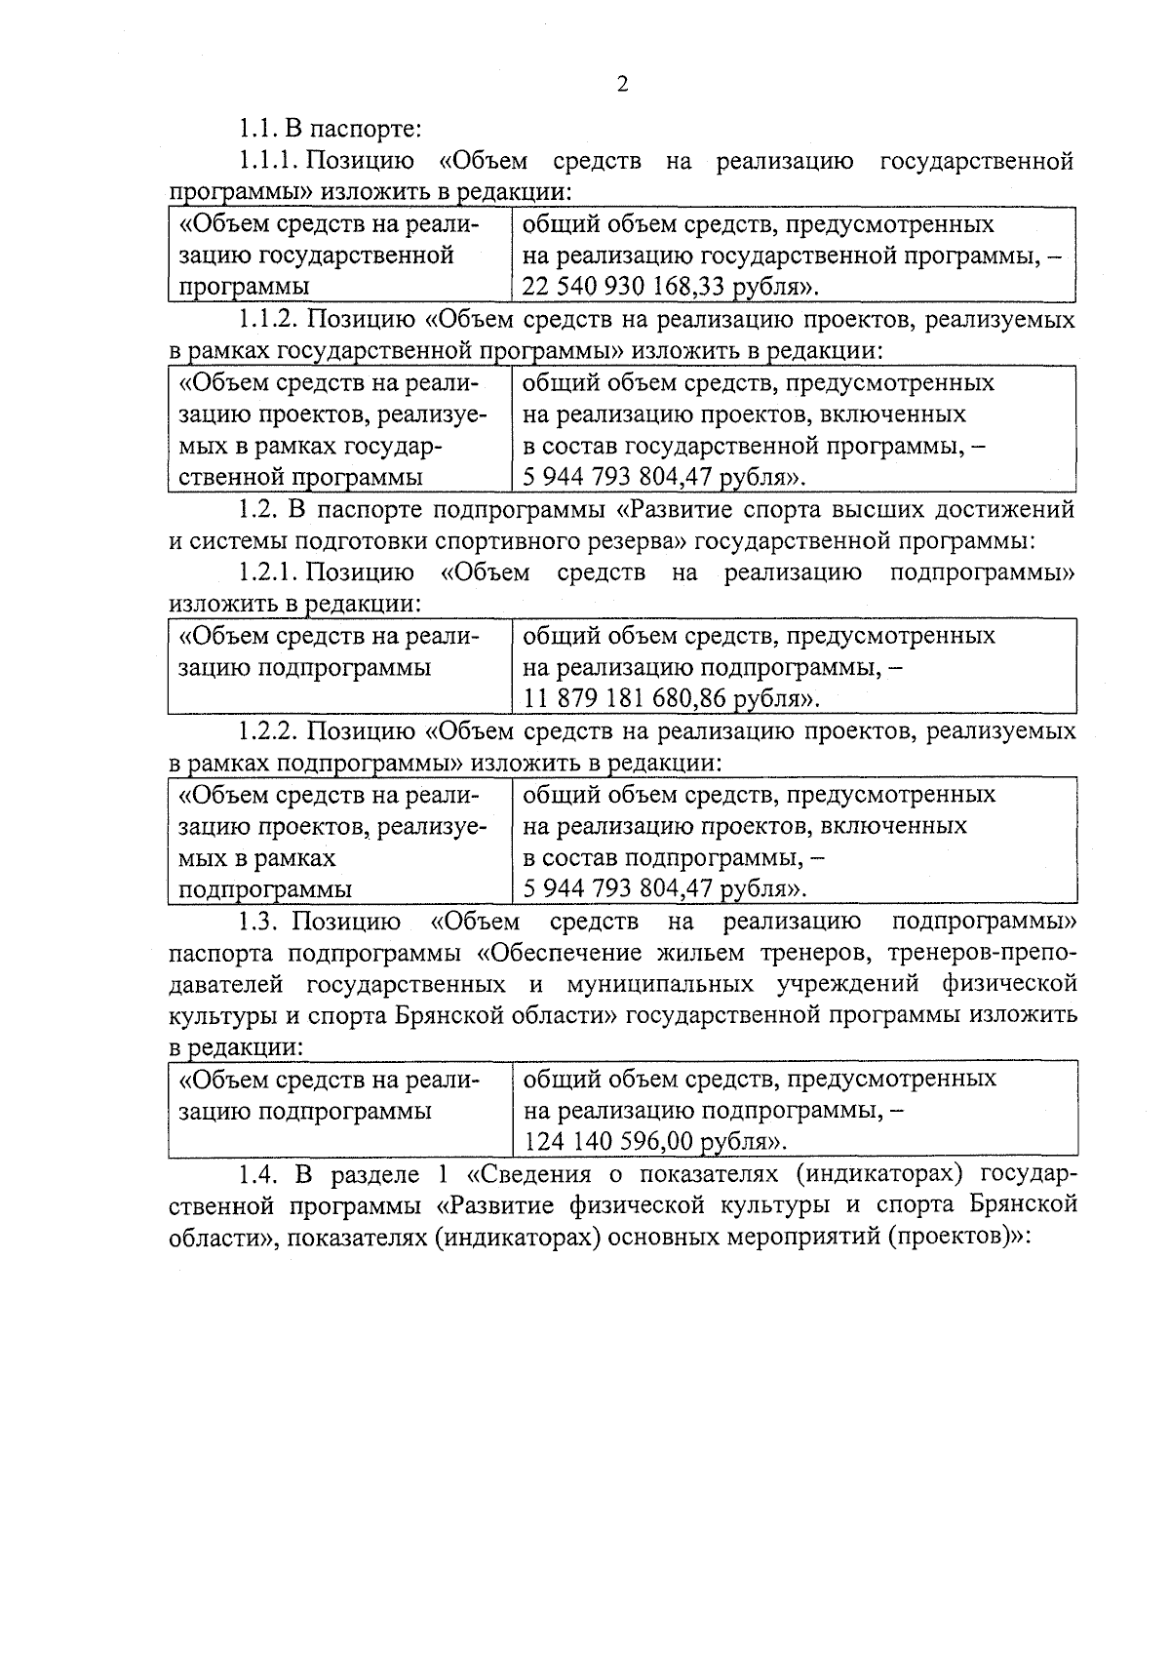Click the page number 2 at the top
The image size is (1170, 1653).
[622, 84]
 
